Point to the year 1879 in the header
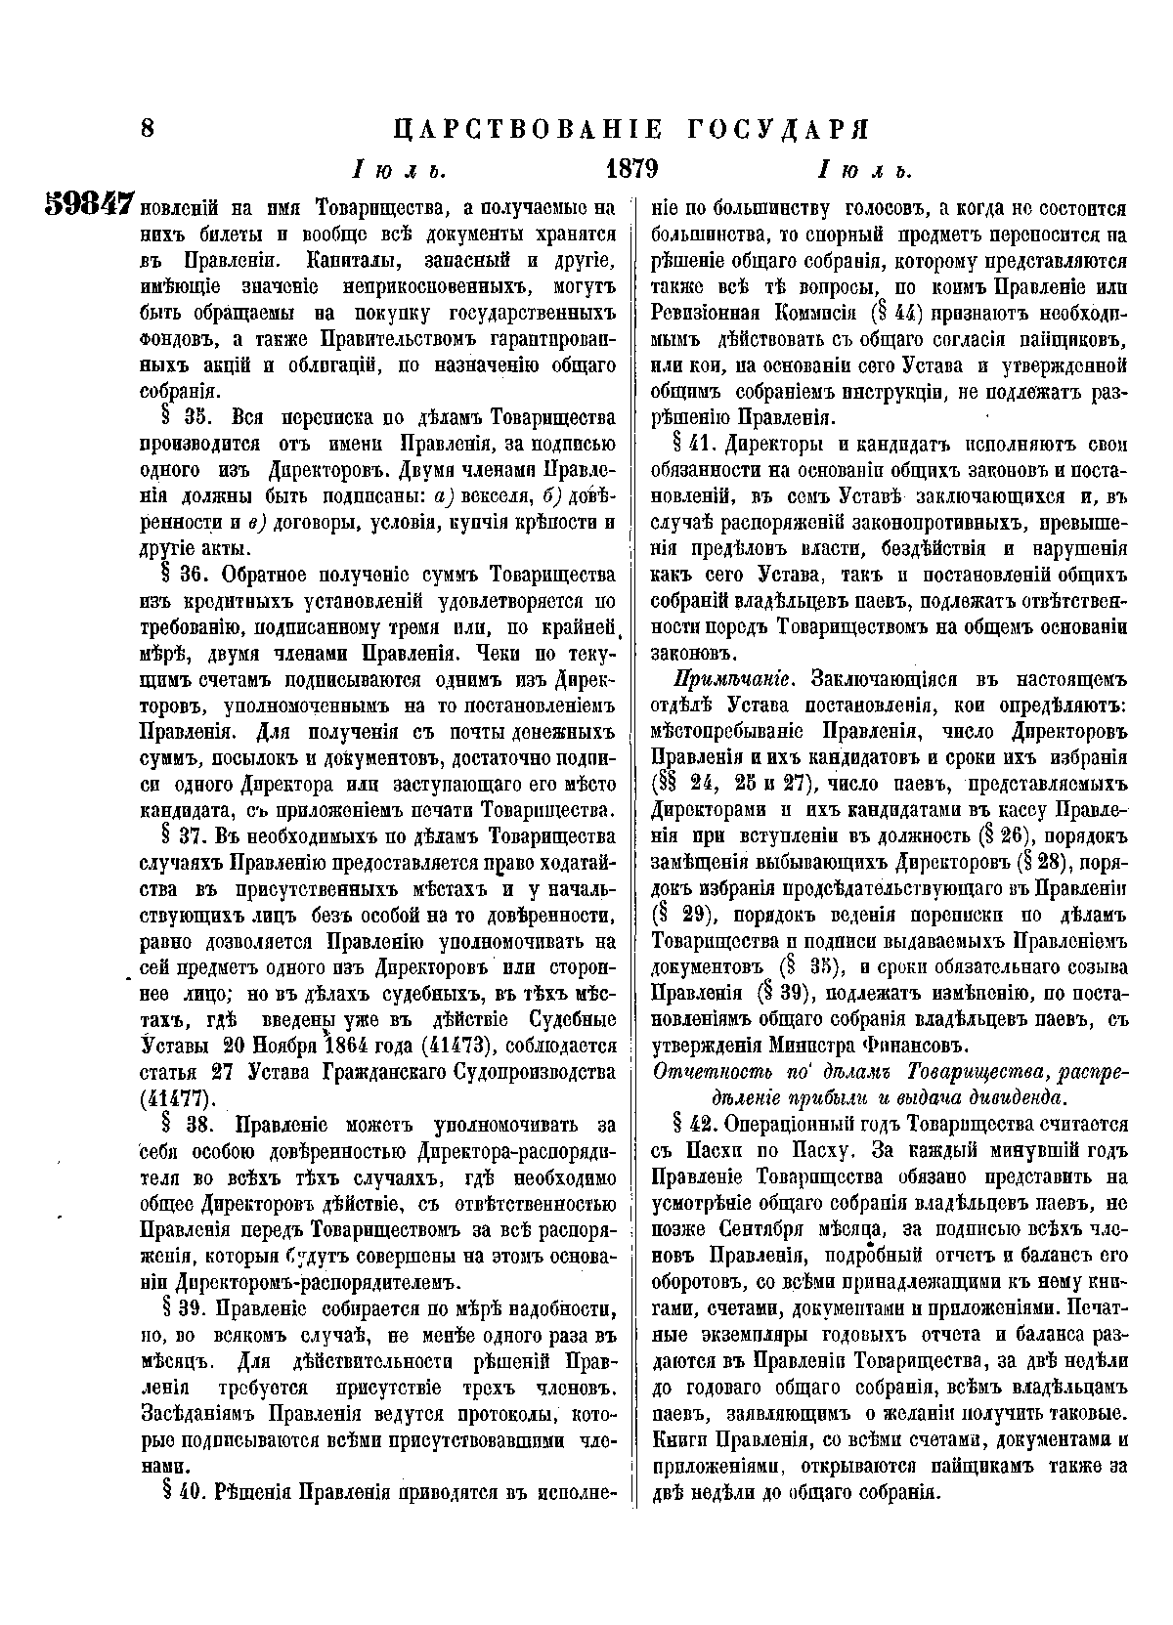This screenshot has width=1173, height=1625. click(x=630, y=167)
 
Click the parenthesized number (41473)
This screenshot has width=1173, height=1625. click(x=460, y=1046)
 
